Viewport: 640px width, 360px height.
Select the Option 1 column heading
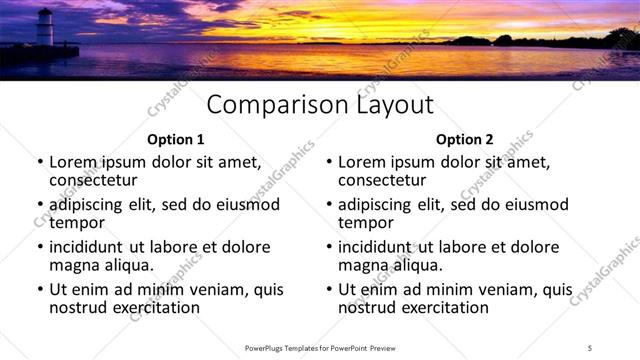coord(175,139)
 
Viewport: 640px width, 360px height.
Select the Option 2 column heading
coord(464,139)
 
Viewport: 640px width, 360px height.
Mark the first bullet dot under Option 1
coord(39,162)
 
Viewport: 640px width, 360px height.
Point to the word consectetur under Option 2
coord(382,180)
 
